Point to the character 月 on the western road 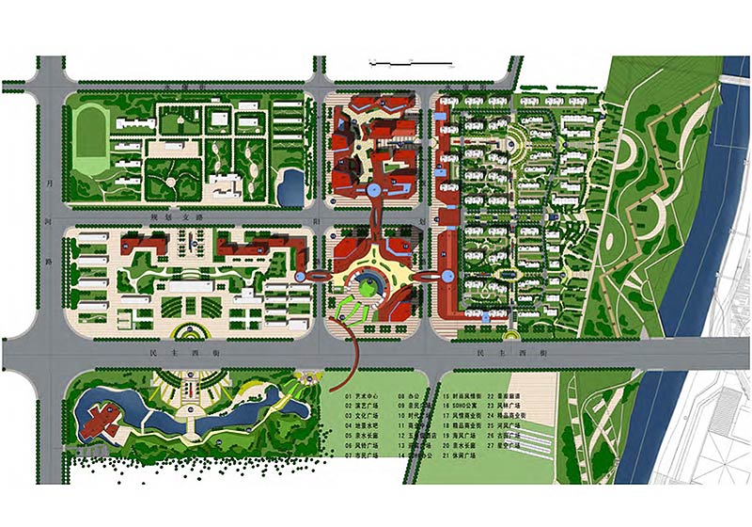point(50,184)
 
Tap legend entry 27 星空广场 point(510,445)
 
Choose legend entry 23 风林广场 point(510,407)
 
